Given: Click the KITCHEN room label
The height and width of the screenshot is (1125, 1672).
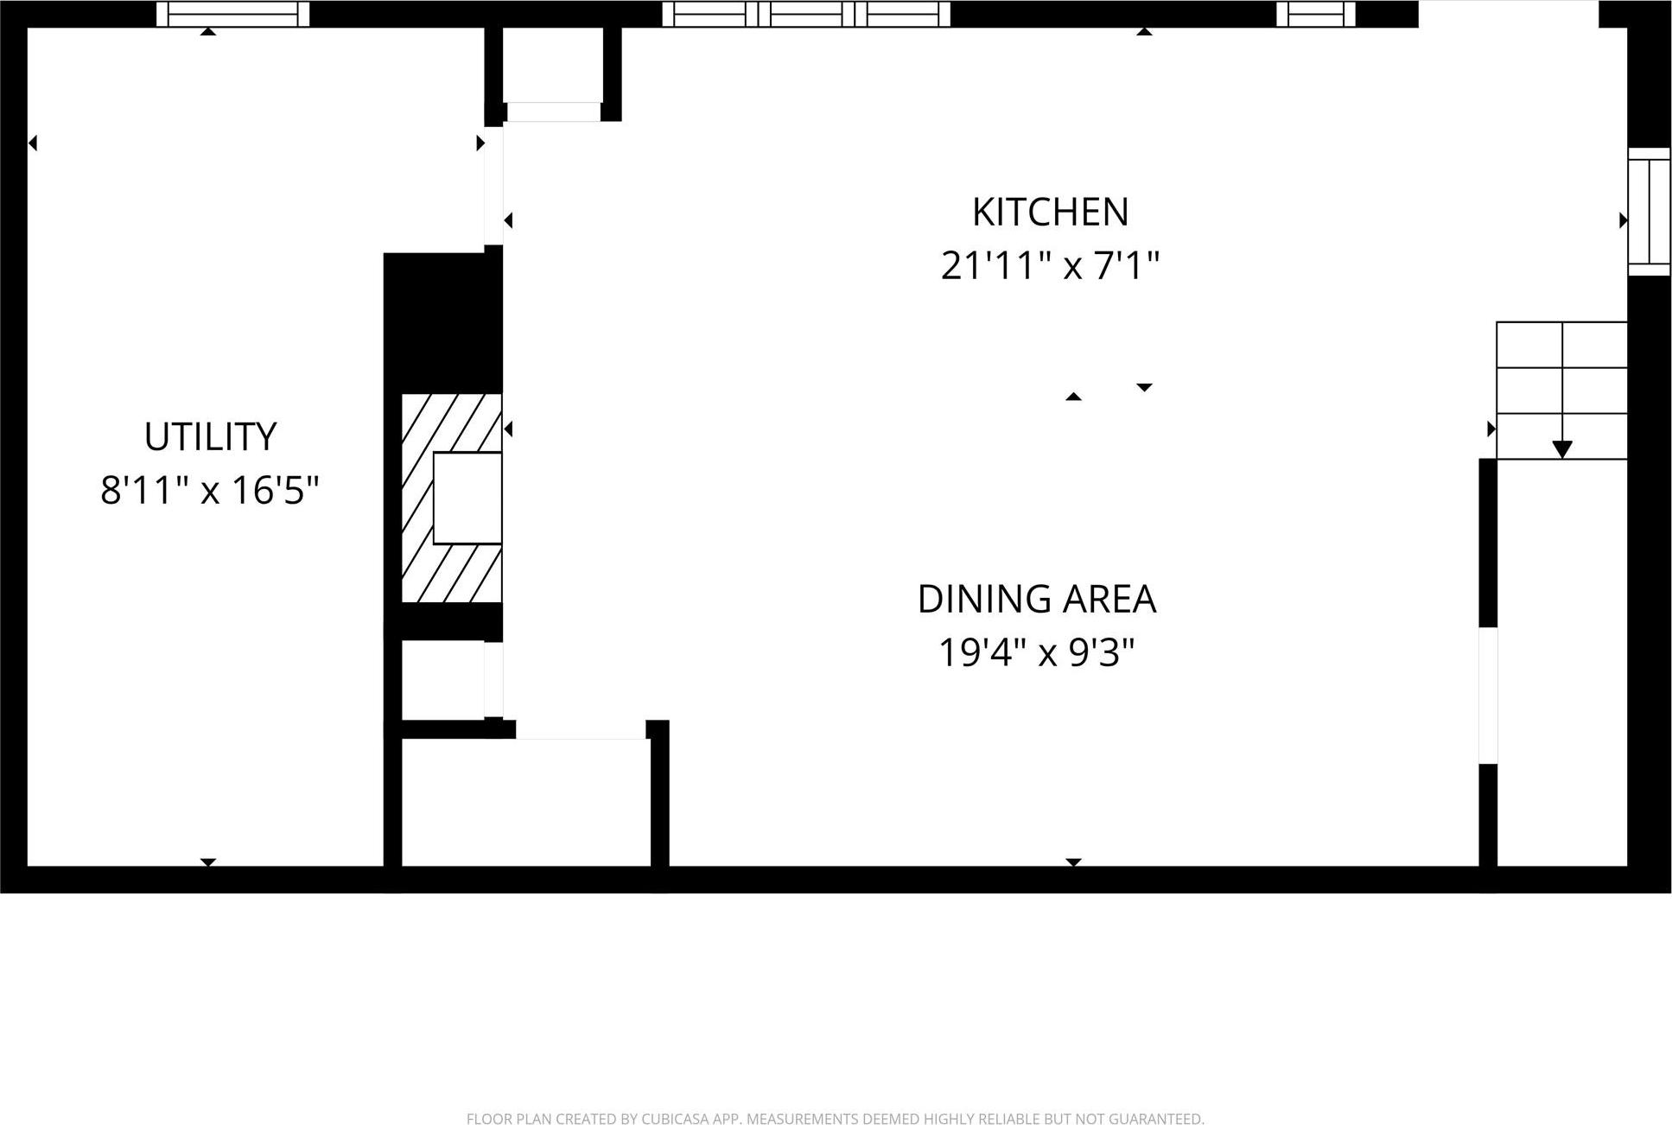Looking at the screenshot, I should click(x=1050, y=213).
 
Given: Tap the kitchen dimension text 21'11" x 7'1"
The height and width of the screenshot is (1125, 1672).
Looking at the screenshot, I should click(x=1050, y=265).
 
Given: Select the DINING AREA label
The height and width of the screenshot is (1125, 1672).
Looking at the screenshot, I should click(x=1036, y=600).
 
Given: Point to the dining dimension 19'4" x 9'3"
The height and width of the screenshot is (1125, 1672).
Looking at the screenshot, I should click(x=1036, y=653).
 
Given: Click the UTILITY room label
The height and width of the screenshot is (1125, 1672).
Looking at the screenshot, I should click(x=210, y=437).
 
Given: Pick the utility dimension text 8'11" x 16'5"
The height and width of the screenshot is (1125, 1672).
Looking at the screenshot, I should click(x=210, y=491).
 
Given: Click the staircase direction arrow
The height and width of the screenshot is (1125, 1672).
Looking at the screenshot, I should click(x=1561, y=448).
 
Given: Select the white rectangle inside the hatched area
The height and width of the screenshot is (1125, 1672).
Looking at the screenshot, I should click(x=467, y=498).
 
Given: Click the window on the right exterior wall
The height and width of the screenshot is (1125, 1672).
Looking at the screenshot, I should click(x=1649, y=212).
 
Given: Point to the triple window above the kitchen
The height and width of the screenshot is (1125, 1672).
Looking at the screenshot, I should click(x=806, y=14).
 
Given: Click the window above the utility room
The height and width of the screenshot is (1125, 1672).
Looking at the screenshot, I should click(x=232, y=14).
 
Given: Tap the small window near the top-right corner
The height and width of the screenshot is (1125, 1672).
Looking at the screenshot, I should click(x=1315, y=14).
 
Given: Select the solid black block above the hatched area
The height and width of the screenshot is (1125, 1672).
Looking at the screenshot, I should click(x=442, y=321).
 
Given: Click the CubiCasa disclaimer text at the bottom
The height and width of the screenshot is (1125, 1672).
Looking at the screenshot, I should click(x=835, y=1119).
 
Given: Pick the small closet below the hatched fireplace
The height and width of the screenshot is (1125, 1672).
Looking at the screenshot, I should click(x=442, y=680).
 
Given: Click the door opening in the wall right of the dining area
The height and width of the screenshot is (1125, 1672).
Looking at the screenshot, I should click(x=1487, y=696).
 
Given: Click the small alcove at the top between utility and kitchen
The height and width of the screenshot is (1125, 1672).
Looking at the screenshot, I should click(x=553, y=65).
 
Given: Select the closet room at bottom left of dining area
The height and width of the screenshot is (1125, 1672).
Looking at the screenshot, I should click(x=525, y=802).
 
